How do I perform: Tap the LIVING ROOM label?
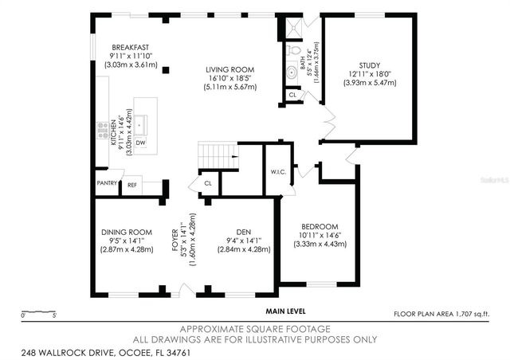coord(229,69)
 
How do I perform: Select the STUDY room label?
coord(369,65)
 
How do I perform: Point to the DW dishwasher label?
coord(140,143)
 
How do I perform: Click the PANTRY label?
coord(107,183)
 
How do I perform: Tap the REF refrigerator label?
coord(132,184)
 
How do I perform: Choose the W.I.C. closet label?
coord(278,170)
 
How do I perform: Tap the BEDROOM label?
coord(319,226)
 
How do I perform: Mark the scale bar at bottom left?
coord(37,311)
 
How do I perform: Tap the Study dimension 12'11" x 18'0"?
coord(369,74)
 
